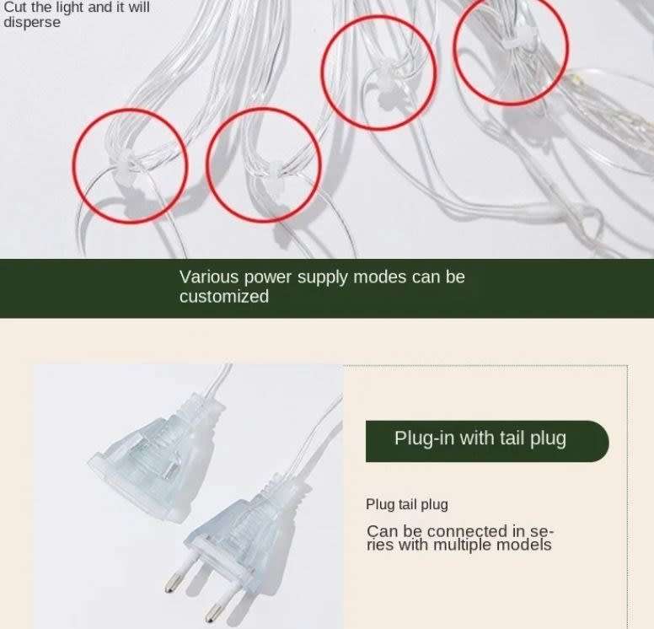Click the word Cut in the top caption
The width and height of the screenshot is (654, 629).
(x=14, y=8)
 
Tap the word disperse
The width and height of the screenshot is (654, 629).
(x=32, y=23)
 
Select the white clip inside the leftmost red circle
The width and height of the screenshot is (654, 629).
(x=130, y=164)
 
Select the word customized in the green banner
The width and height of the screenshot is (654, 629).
(x=224, y=297)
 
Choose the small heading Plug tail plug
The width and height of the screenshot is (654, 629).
(x=406, y=504)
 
